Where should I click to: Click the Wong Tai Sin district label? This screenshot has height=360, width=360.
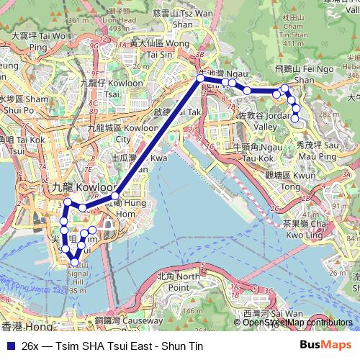tap(150, 48)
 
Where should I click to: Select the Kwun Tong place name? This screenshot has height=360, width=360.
tap(282, 181)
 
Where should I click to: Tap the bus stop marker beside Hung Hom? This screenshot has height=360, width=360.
tap(114, 195)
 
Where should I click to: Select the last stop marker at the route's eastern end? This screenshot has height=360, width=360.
tap(294, 118)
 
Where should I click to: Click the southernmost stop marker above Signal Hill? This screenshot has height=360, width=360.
tap(73, 262)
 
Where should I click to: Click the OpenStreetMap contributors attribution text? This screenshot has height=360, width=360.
tap(298, 323)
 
